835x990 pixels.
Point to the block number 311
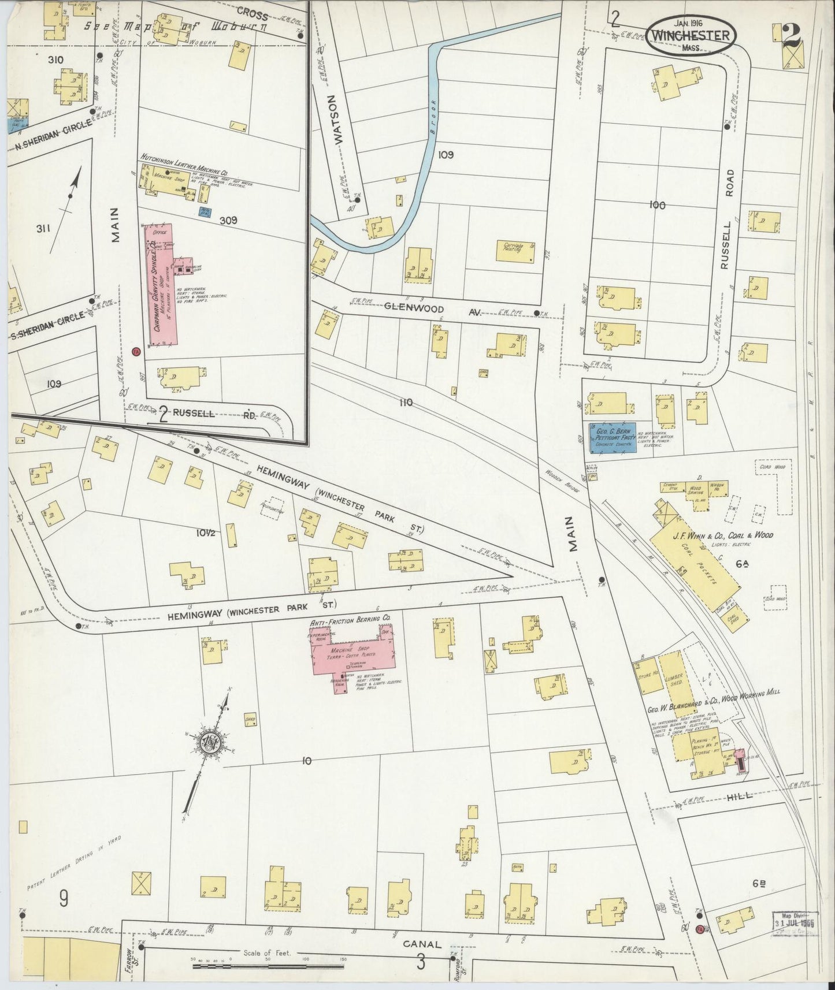coord(43,229)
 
